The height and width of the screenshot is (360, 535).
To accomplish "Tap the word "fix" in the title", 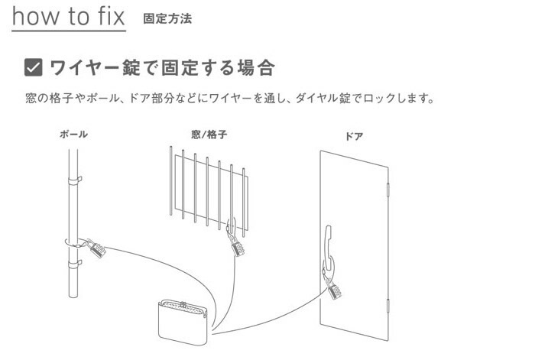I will coord(109,16).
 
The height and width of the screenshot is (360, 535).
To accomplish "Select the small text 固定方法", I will coord(167,18).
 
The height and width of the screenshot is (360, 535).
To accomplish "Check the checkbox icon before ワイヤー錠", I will coord(34,68).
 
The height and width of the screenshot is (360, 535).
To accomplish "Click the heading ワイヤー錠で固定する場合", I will coord(161,68).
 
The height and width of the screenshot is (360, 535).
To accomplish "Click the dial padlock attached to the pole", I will coord(96,249).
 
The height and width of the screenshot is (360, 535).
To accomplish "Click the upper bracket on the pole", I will coord(76,181).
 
